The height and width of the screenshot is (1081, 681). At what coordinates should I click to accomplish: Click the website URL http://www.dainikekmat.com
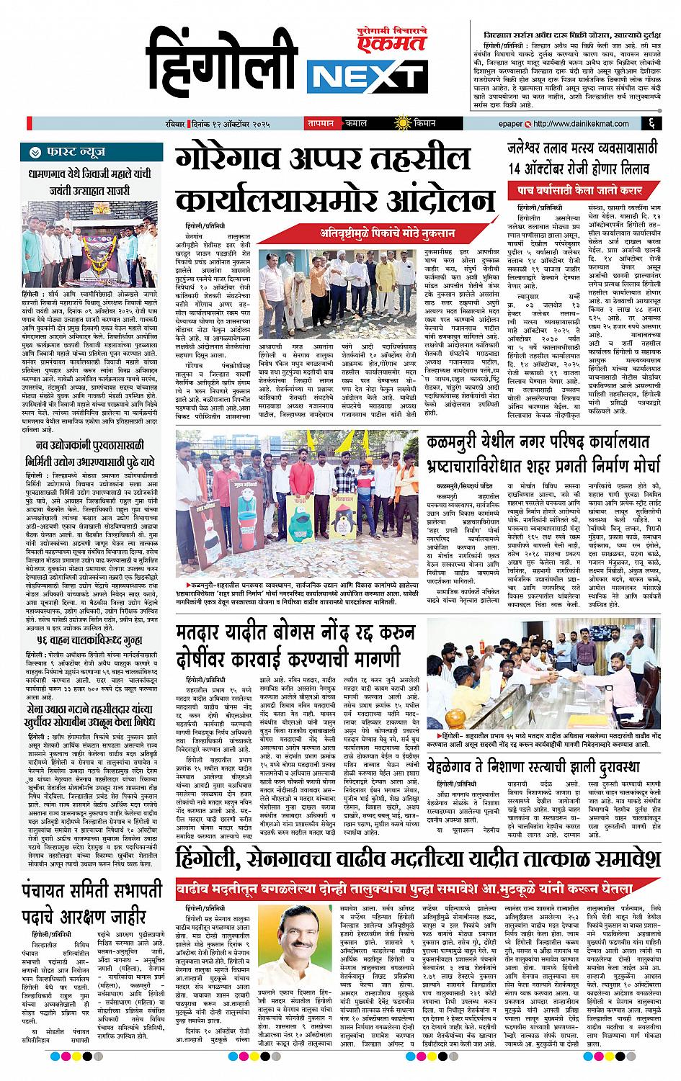(585, 124)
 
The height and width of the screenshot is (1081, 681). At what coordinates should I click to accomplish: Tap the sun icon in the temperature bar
(395, 124)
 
